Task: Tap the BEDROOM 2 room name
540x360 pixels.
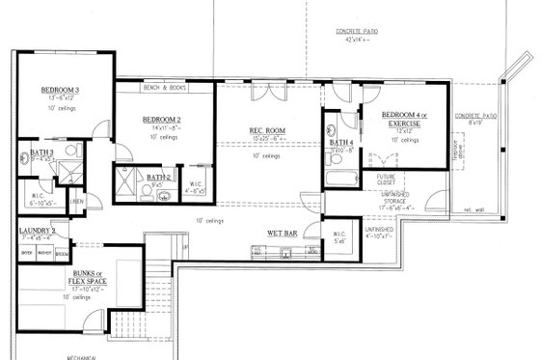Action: [162, 120]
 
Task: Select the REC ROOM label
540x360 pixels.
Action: [265, 130]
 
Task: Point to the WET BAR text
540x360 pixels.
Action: [282, 233]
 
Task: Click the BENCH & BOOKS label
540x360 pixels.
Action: [164, 89]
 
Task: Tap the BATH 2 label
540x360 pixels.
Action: [159, 177]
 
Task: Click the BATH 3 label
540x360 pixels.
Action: [40, 152]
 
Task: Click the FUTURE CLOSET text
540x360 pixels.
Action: [387, 180]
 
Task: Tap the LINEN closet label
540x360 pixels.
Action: [77, 201]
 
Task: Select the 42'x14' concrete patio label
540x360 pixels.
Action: [357, 36]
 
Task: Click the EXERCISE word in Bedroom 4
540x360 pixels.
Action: [403, 125]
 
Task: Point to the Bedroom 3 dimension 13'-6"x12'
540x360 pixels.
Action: [59, 98]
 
